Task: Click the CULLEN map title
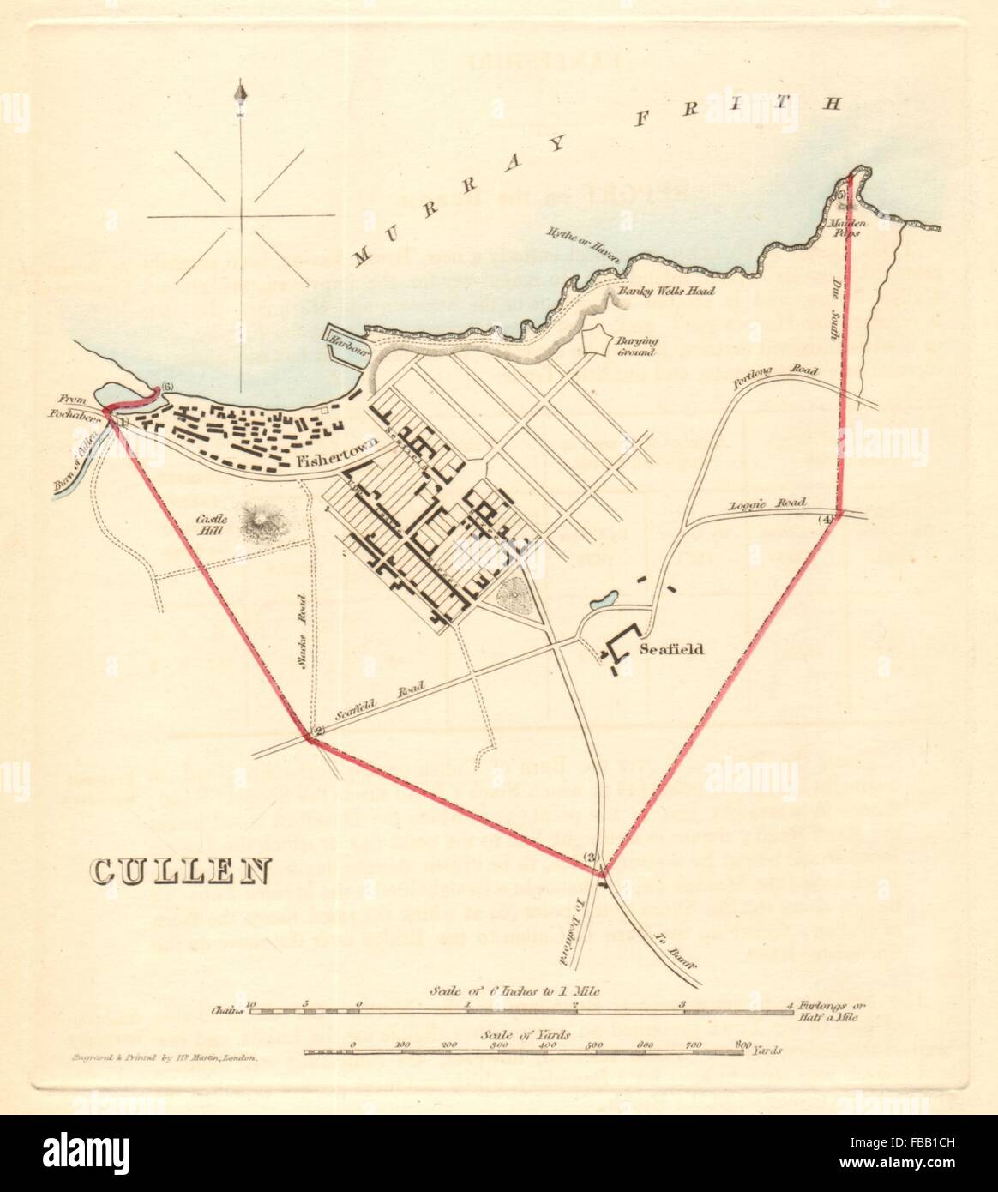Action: (x=180, y=871)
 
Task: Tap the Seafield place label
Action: (x=671, y=649)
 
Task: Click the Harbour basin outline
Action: (x=345, y=346)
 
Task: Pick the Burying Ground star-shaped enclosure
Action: (x=594, y=345)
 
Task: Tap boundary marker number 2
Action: (x=318, y=731)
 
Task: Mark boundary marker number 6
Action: (x=167, y=388)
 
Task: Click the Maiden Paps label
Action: (x=849, y=226)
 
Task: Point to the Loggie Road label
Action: (x=755, y=506)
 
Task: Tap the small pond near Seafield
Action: (x=602, y=598)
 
